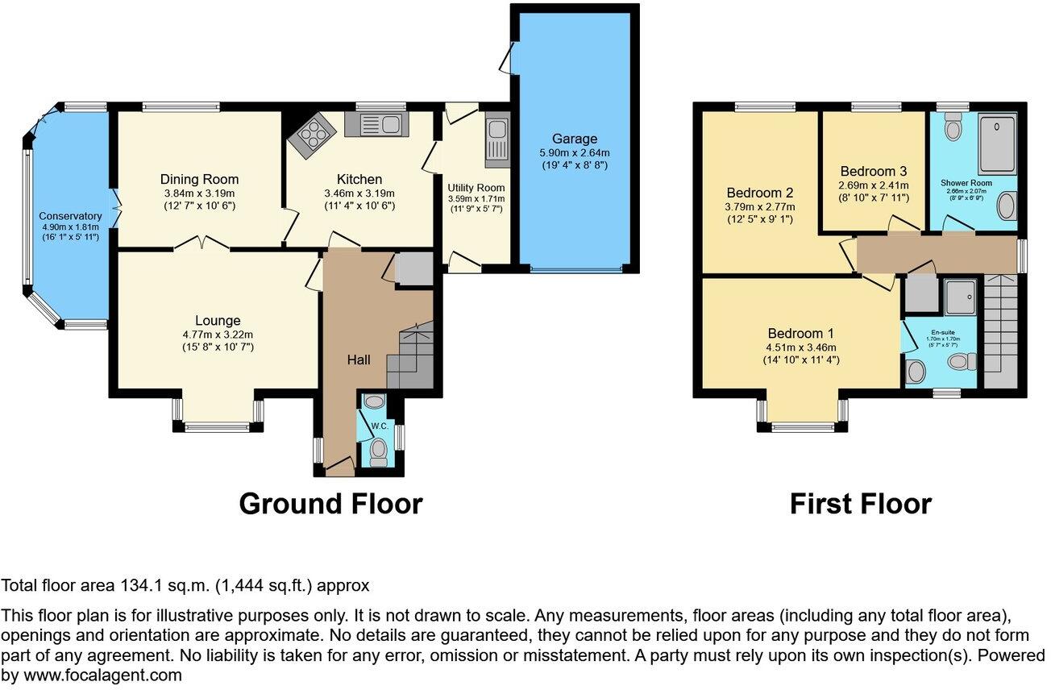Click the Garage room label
(575, 138)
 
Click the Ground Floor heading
(330, 504)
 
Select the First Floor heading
(860, 504)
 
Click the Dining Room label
(199, 179)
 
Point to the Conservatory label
(71, 216)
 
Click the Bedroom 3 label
(873, 171)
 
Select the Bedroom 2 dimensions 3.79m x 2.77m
(760, 207)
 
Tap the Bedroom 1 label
(800, 334)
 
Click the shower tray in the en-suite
(960, 297)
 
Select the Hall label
(359, 360)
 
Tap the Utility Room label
(476, 187)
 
